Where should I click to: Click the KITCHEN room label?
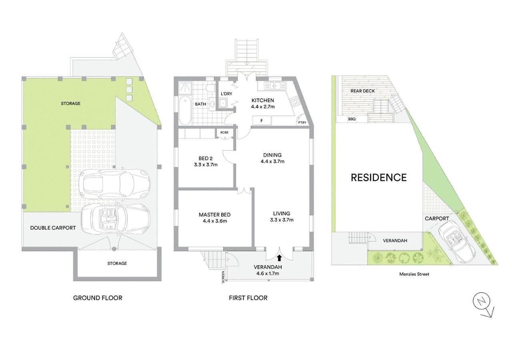(263, 100)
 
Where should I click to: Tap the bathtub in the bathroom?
(185, 111)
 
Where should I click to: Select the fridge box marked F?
(262, 120)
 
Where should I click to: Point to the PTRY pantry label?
(302, 122)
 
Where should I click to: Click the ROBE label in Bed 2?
(224, 132)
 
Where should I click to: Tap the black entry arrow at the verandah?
(279, 258)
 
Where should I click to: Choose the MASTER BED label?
(215, 215)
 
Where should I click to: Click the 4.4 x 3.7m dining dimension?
(272, 161)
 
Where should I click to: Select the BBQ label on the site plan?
(352, 119)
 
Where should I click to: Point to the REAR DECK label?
(363, 91)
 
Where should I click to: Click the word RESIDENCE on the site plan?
(379, 178)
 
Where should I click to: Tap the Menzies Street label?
(414, 274)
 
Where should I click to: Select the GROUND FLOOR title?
(98, 298)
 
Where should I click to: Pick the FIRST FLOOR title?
(248, 298)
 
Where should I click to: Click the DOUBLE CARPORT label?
(53, 228)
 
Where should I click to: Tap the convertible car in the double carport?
(116, 219)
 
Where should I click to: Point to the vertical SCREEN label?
(223, 277)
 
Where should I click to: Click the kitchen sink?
(275, 86)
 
